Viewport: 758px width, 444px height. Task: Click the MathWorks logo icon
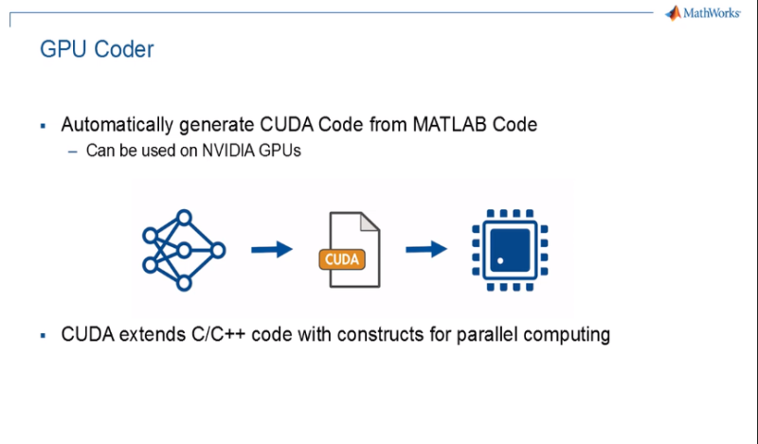point(673,13)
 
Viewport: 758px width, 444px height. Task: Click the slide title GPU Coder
point(97,49)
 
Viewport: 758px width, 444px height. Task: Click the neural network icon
point(183,250)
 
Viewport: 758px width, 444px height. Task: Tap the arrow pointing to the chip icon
point(425,250)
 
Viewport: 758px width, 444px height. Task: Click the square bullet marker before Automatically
point(43,125)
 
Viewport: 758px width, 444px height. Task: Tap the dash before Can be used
point(73,151)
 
